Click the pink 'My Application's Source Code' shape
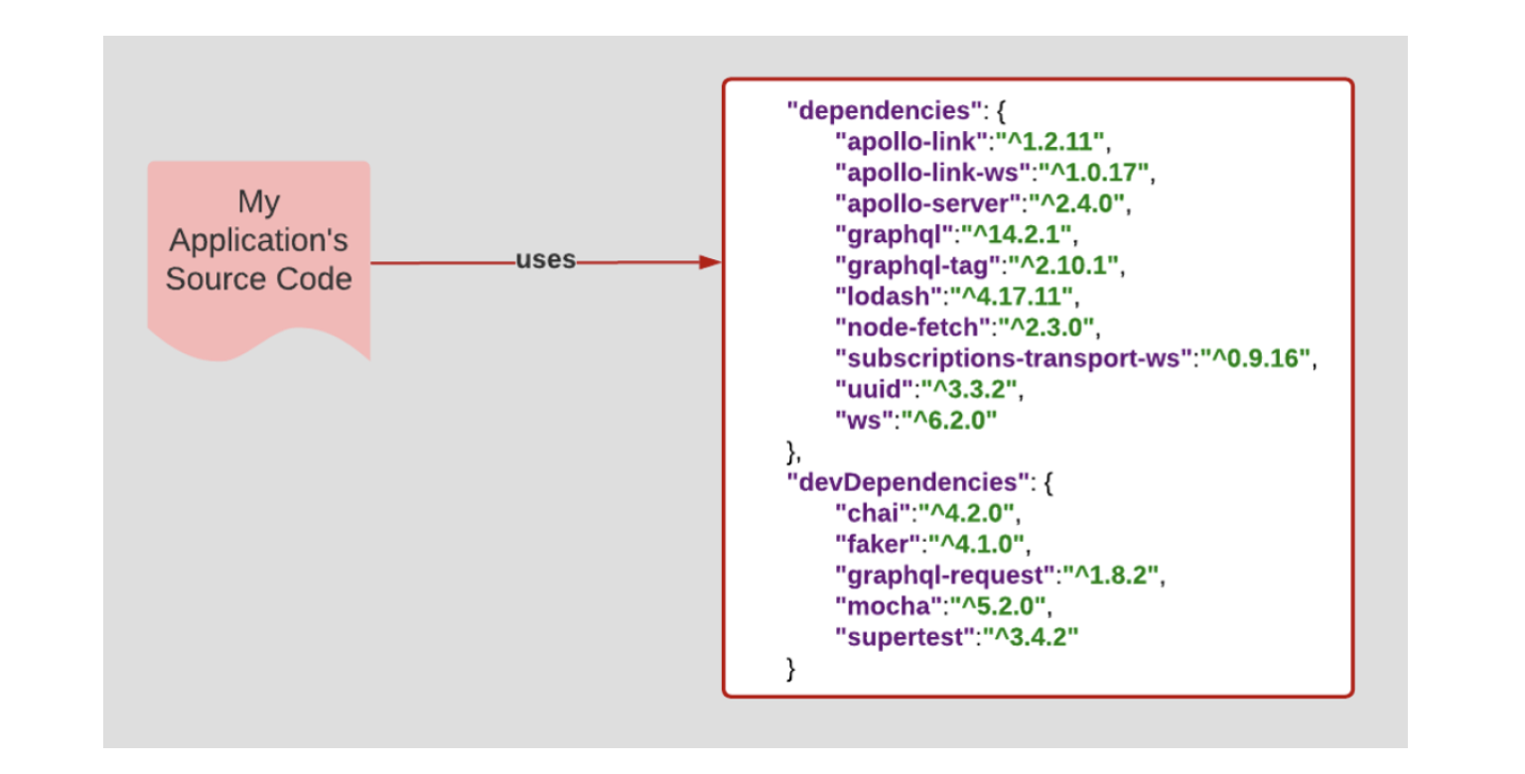point(258,242)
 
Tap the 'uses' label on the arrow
point(545,260)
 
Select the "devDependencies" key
point(904,482)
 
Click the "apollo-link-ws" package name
point(933,172)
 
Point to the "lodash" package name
point(886,296)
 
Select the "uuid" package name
point(873,389)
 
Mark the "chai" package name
point(873,514)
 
